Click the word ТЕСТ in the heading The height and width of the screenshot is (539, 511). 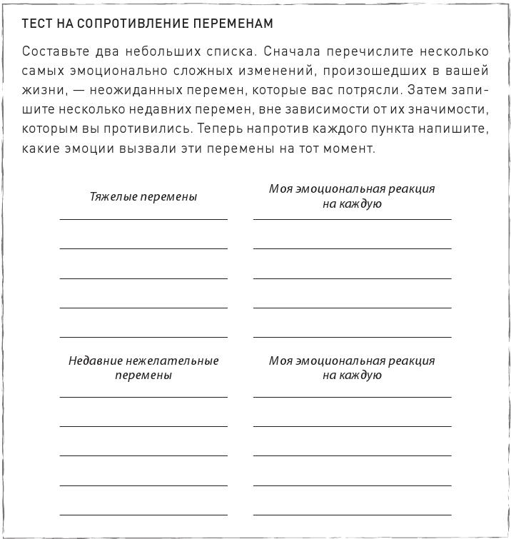[36, 24]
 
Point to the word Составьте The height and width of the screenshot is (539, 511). [54, 52]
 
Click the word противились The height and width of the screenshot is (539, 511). [159, 129]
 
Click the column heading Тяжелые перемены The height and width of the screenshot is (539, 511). [143, 196]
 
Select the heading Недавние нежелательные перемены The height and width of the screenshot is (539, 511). [143, 368]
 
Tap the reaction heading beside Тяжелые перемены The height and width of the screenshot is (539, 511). [352, 196]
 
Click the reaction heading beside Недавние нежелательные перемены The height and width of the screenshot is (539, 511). [352, 368]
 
